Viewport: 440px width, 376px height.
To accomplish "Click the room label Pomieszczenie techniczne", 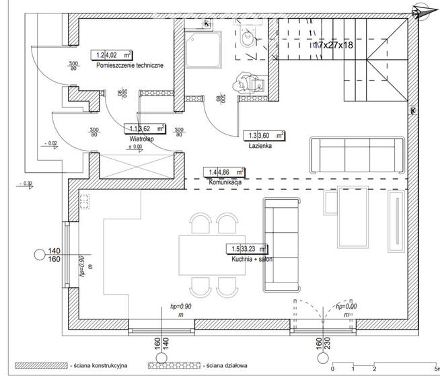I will click(130, 65).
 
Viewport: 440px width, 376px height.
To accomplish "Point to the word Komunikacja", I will click(225, 182).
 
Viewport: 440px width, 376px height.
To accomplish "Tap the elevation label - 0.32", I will click(28, 183).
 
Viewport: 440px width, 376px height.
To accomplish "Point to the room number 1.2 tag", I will click(101, 57).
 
